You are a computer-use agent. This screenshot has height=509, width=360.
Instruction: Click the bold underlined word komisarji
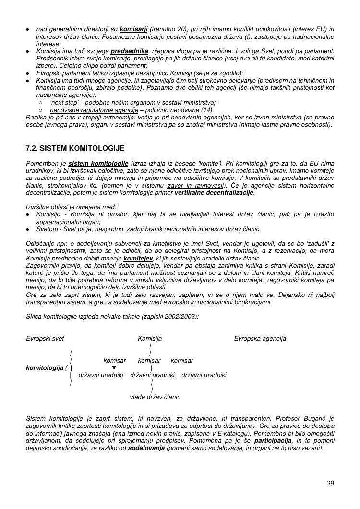point(133,30)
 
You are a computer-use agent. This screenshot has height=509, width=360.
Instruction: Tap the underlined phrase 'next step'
point(64,103)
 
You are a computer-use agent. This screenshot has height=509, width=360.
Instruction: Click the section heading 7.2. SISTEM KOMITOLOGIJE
point(75,148)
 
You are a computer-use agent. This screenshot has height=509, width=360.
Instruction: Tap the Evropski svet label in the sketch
point(45,339)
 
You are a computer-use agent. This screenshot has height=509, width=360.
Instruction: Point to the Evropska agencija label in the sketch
point(260,339)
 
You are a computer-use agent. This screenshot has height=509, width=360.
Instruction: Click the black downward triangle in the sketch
point(114,368)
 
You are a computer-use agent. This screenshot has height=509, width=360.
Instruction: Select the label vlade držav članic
point(155,397)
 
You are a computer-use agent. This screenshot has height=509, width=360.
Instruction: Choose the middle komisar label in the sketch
point(149,361)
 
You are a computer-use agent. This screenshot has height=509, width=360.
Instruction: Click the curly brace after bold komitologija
point(66,368)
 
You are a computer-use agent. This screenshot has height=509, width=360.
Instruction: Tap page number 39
point(330,483)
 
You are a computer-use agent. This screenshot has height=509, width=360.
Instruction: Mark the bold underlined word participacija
point(273,441)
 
